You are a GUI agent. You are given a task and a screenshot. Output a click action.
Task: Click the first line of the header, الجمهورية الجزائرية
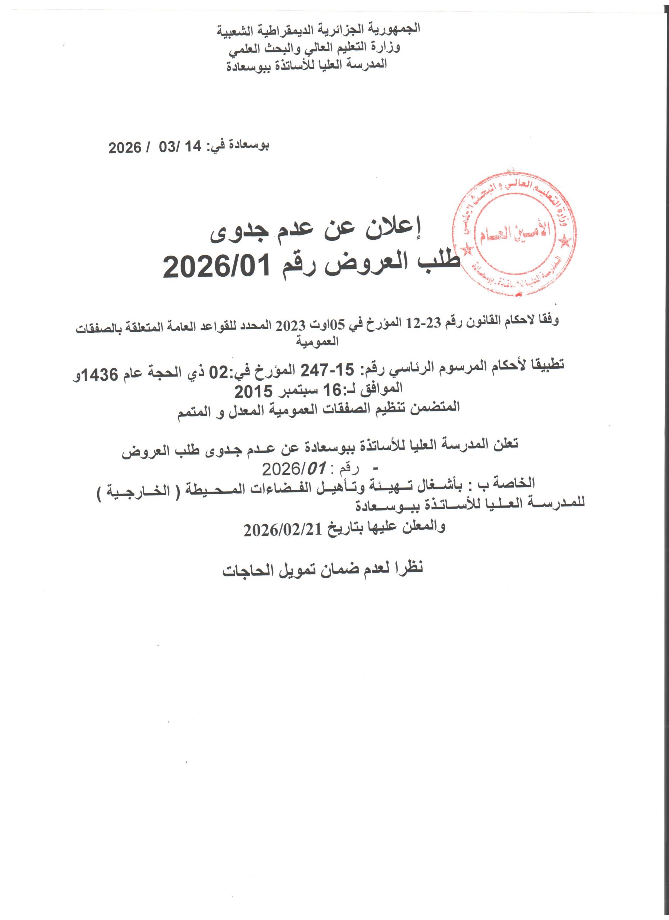(x=319, y=29)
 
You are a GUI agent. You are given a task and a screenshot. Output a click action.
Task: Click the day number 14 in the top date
(x=192, y=148)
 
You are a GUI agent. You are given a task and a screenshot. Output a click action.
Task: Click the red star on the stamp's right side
(x=564, y=242)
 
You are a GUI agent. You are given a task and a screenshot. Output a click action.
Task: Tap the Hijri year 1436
(x=101, y=376)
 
